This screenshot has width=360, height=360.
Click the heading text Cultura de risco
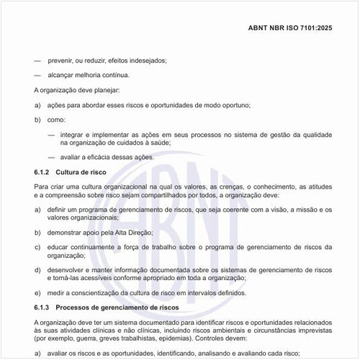coord(81,173)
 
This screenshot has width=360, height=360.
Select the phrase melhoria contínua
coord(104,75)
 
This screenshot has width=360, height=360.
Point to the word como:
coord(57,120)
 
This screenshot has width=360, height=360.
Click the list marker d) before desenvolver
coord(37,269)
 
